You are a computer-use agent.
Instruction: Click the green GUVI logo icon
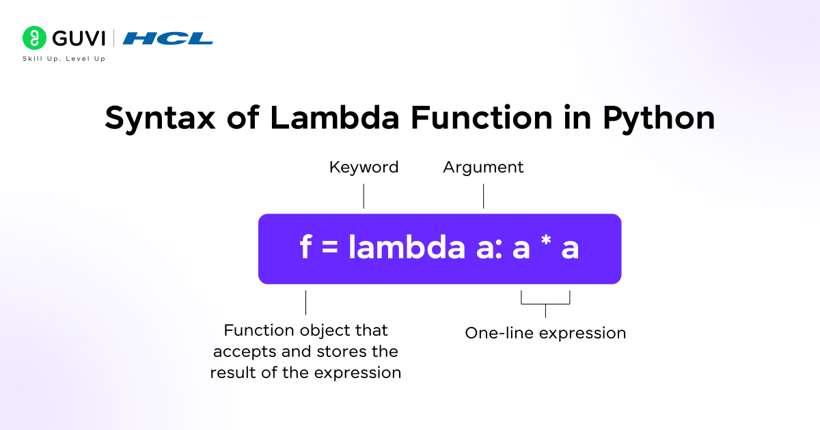(x=34, y=38)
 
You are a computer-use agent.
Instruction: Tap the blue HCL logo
(x=167, y=39)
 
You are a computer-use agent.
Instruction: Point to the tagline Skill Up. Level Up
(x=64, y=59)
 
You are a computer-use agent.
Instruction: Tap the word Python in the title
(x=658, y=119)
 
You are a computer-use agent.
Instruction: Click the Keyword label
(x=364, y=167)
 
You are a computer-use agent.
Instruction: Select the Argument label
(x=483, y=167)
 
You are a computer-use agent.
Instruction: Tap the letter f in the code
(x=305, y=248)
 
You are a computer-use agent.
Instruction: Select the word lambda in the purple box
(x=407, y=248)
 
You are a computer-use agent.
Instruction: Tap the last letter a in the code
(x=570, y=250)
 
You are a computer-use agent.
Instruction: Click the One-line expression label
(x=545, y=333)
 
